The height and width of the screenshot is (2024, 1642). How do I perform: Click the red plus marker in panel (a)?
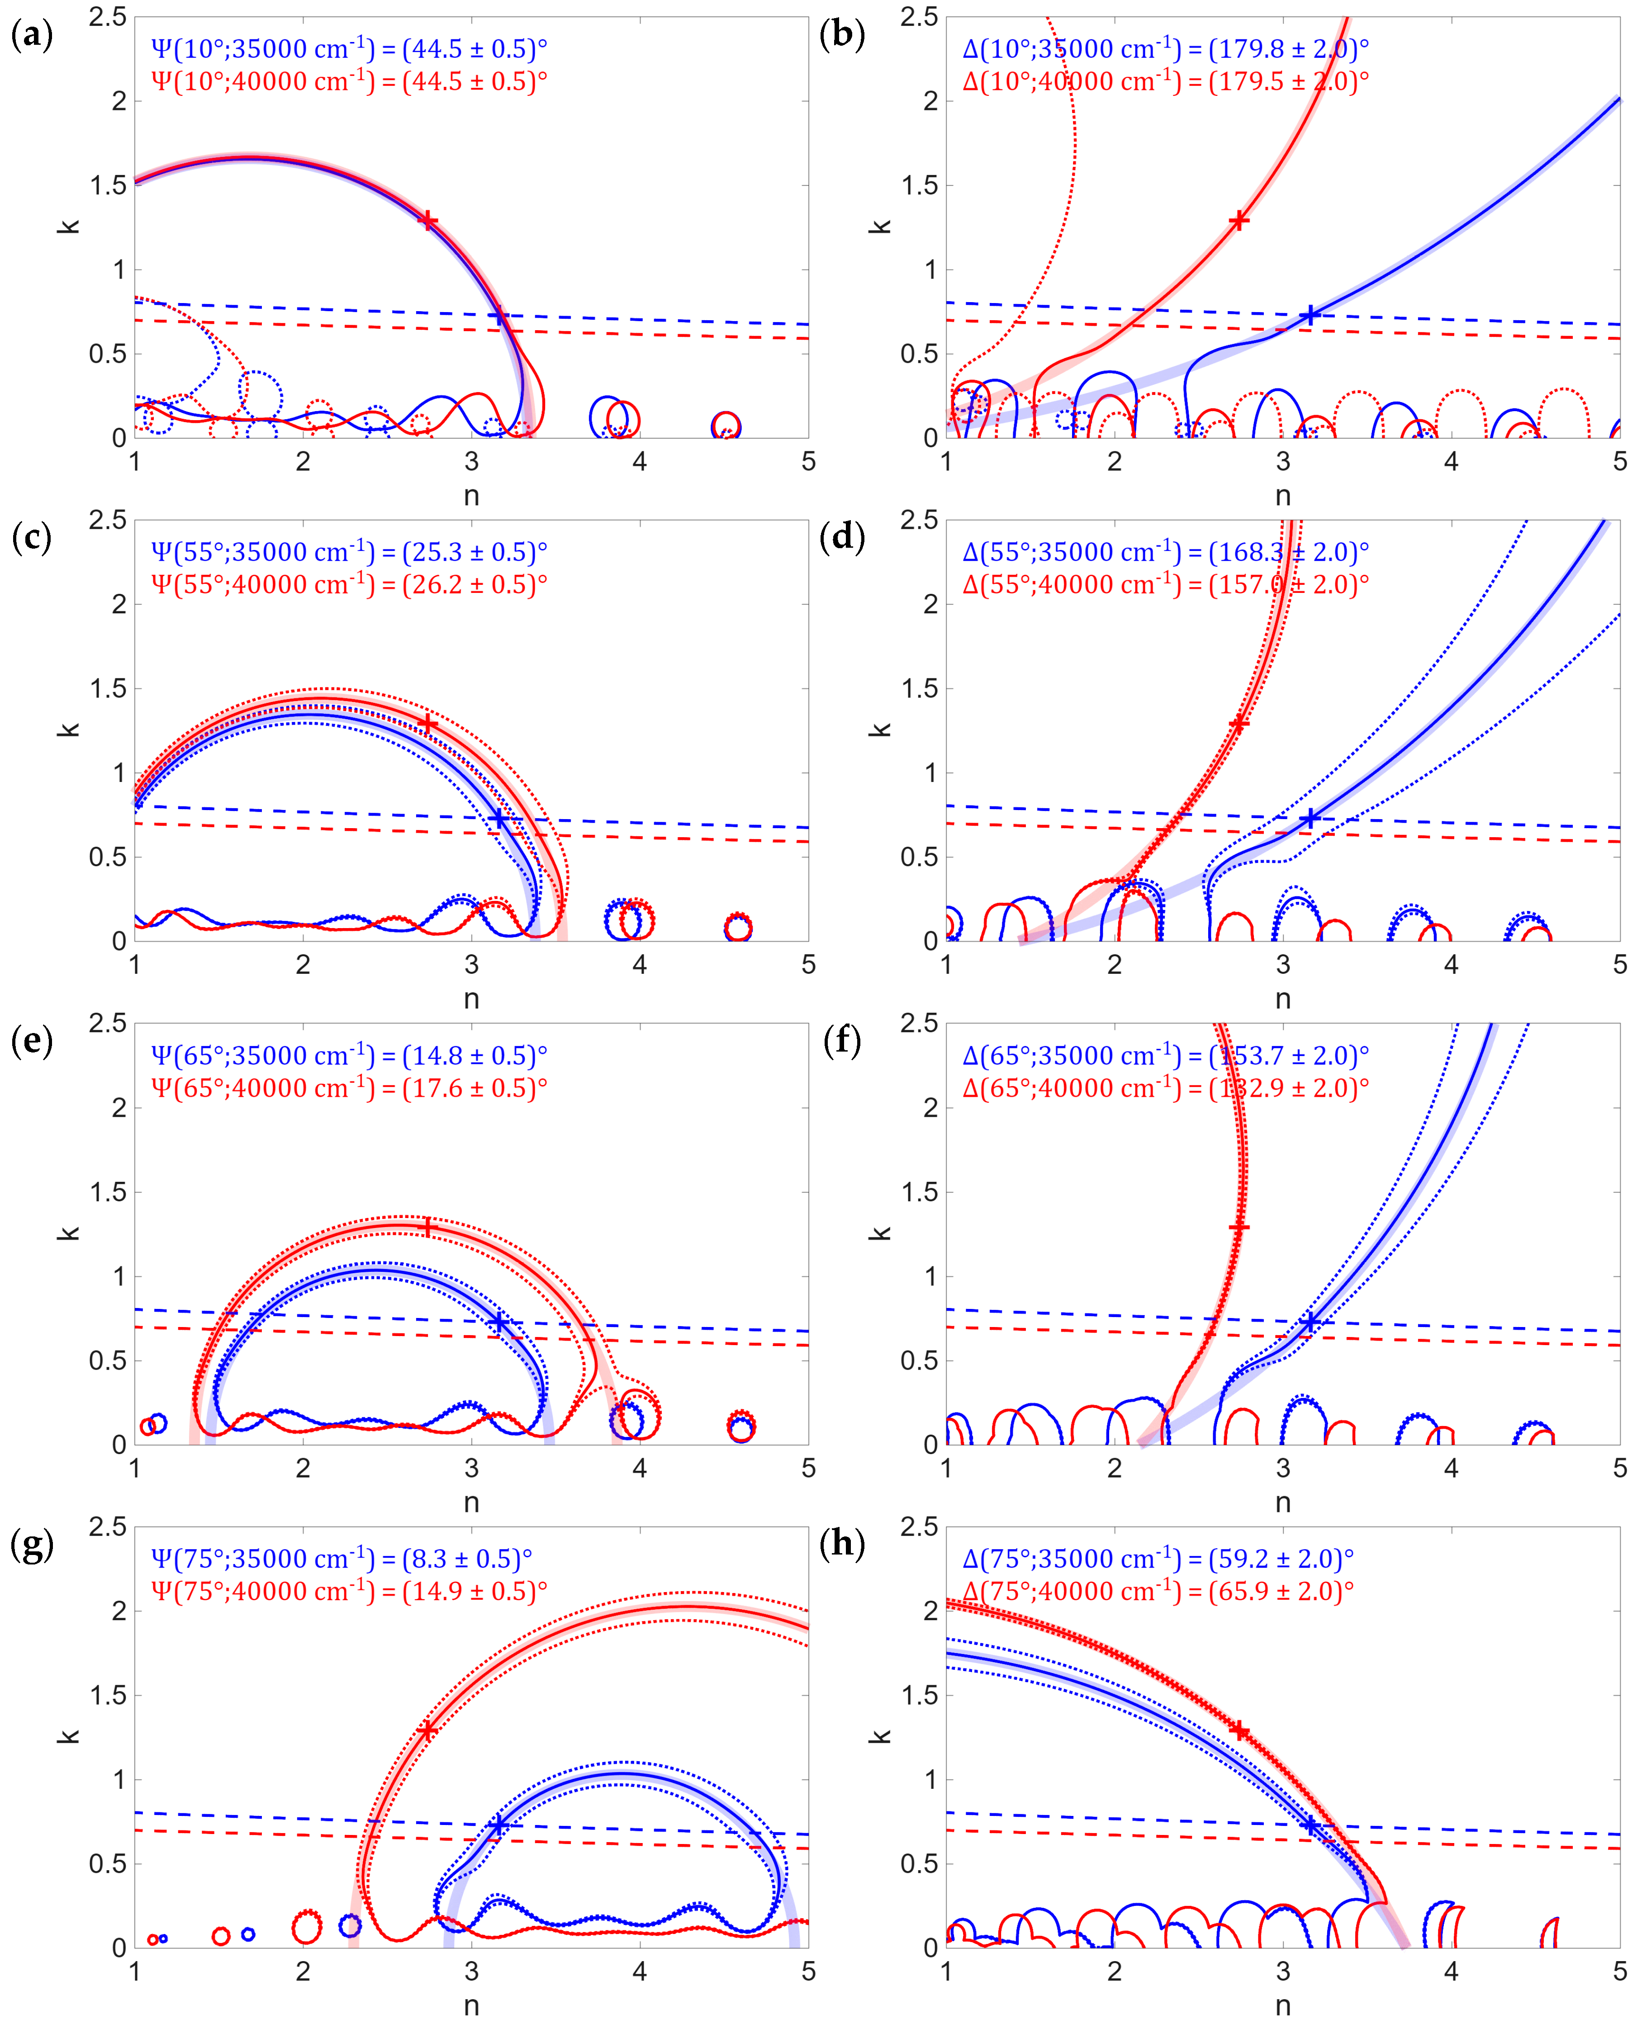pos(427,220)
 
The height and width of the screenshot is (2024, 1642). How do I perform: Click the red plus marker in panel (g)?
pos(427,1730)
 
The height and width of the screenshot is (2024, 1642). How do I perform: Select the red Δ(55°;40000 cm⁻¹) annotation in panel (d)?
pos(1165,584)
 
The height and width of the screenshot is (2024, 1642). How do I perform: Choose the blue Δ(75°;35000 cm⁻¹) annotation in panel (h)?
pos(1158,1559)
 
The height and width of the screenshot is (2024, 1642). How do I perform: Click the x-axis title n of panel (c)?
pos(471,999)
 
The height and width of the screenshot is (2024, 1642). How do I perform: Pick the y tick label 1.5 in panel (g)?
pos(108,1695)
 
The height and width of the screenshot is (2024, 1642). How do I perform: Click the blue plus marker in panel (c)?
pos(498,819)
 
